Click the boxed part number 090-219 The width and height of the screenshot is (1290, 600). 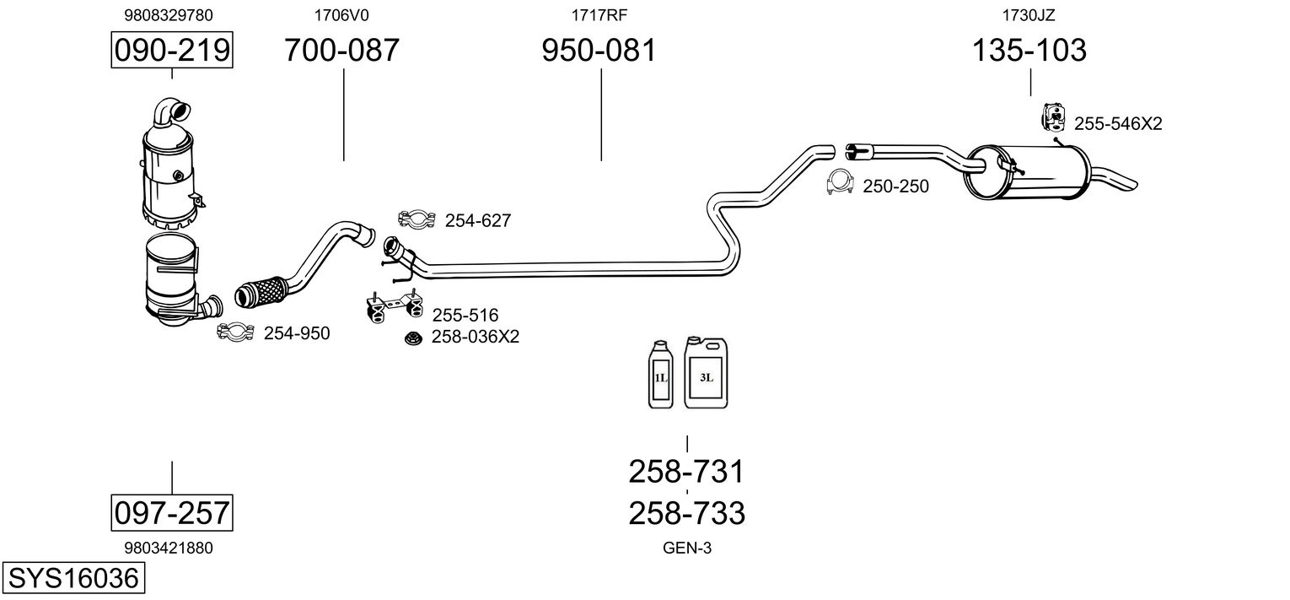(x=172, y=51)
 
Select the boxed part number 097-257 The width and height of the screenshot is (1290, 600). (x=172, y=512)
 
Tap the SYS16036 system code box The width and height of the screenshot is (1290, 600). (x=72, y=579)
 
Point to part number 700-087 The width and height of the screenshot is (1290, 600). (x=341, y=51)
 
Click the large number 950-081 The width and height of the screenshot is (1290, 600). (x=599, y=51)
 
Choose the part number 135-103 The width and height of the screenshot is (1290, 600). (x=1029, y=51)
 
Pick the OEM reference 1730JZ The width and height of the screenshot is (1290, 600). (x=1029, y=14)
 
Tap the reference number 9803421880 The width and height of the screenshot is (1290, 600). (x=169, y=548)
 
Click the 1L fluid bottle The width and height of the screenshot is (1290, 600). (x=660, y=376)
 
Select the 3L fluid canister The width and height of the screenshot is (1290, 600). (x=706, y=373)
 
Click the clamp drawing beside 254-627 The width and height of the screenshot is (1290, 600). (x=416, y=220)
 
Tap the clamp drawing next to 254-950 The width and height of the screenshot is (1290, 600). (x=235, y=333)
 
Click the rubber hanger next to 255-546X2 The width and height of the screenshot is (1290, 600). (x=1053, y=118)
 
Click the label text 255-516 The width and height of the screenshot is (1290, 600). (x=465, y=316)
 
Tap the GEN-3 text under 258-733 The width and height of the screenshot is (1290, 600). (x=687, y=548)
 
